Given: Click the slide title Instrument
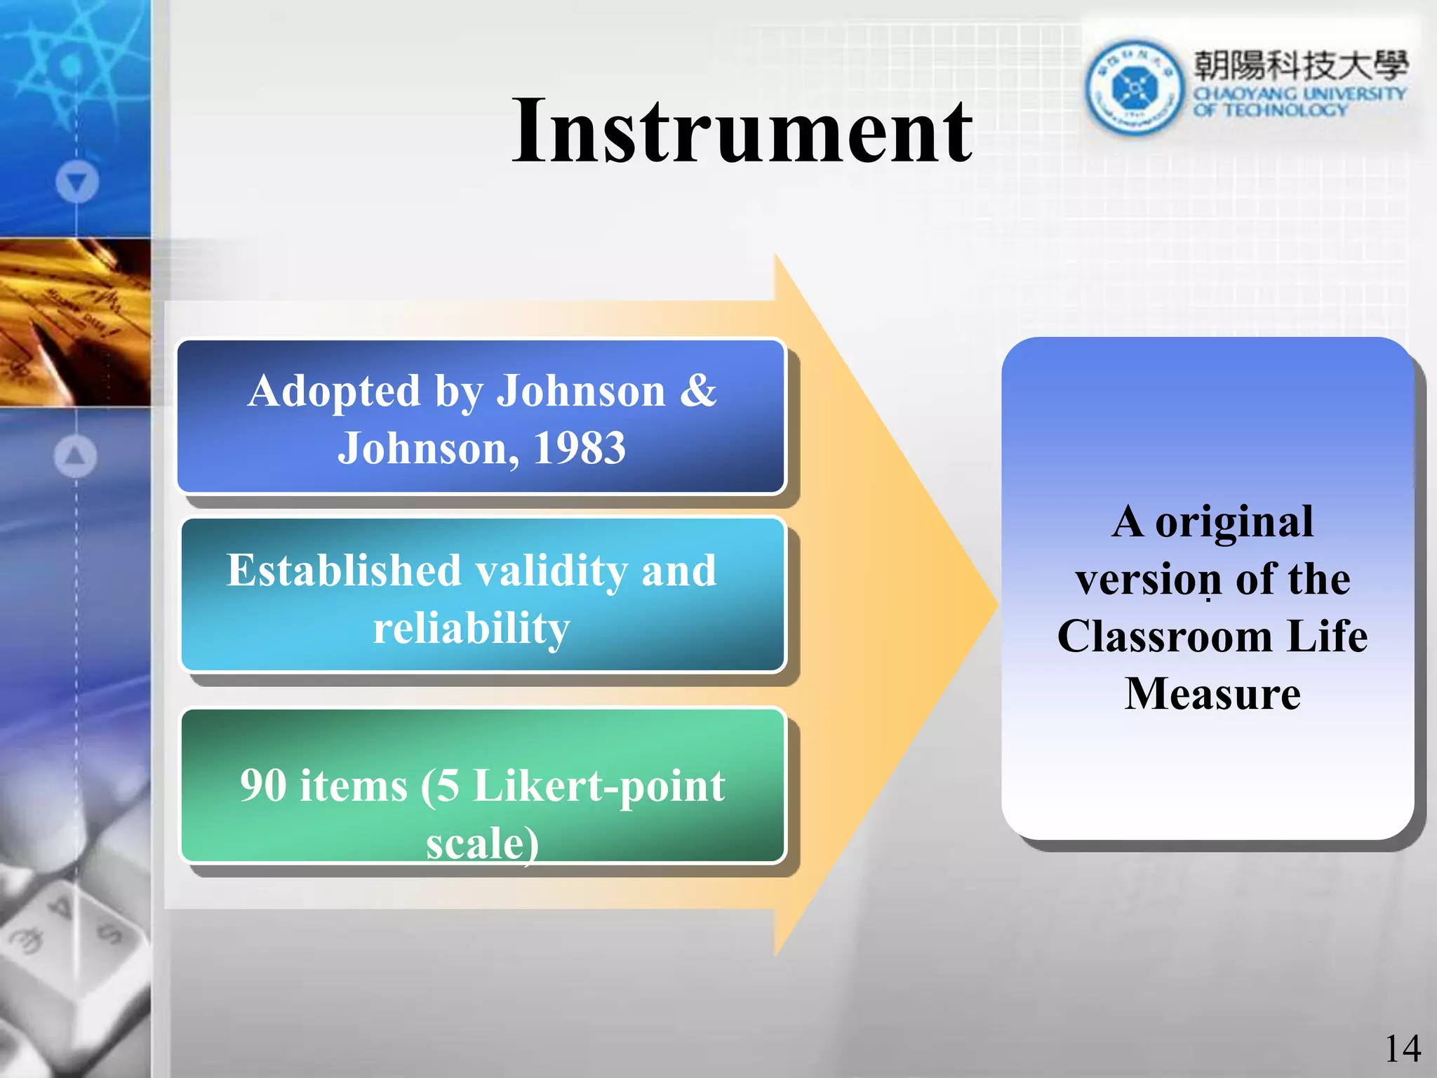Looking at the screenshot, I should point(742,132).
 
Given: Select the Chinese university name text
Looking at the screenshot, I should point(1300,66).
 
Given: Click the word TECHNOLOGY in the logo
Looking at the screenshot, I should point(1285,110).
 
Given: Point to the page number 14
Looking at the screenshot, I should point(1402,1049).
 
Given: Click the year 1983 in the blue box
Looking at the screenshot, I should point(580,448).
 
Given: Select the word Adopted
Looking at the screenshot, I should point(334,391).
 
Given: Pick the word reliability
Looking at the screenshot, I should point(472,628).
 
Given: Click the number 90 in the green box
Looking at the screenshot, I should point(263,785).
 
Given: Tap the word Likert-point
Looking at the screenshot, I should point(599,787).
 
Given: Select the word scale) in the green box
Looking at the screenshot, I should point(483,843).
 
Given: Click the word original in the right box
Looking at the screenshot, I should point(1234,523).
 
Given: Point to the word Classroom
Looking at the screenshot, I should point(1165,637).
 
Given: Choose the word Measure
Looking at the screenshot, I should point(1212,694).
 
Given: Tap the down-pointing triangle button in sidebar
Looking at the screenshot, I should point(77,182).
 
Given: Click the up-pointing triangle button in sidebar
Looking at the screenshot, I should point(76,456).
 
